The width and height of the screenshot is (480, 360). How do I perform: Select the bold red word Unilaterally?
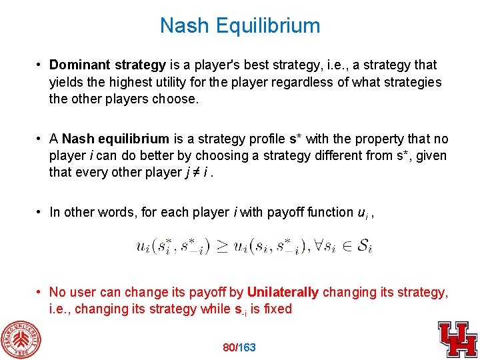tap(283, 292)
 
